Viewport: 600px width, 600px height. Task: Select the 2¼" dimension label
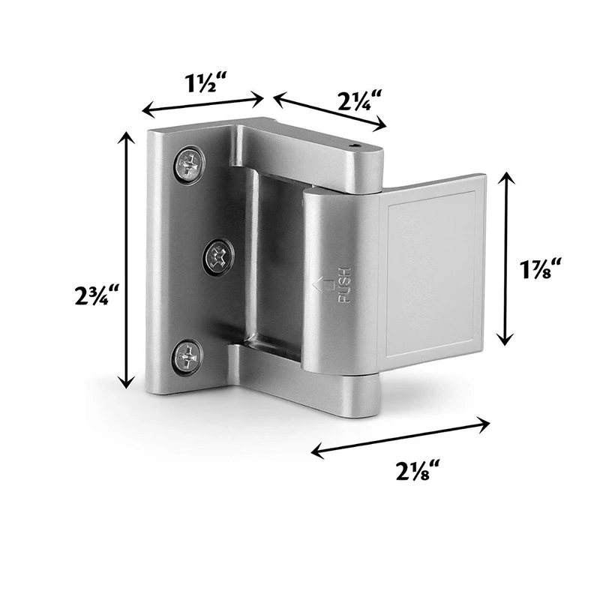pyautogui.click(x=356, y=100)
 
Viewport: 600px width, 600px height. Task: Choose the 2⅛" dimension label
pyautogui.click(x=415, y=472)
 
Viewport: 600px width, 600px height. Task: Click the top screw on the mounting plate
pyautogui.click(x=189, y=164)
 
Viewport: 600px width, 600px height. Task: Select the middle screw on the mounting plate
pyautogui.click(x=219, y=257)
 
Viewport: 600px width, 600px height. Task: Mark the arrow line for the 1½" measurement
pyautogui.click(x=202, y=103)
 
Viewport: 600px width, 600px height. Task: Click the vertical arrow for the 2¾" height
pyautogui.click(x=124, y=259)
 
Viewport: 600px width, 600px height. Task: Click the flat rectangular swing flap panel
pyautogui.click(x=431, y=270)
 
